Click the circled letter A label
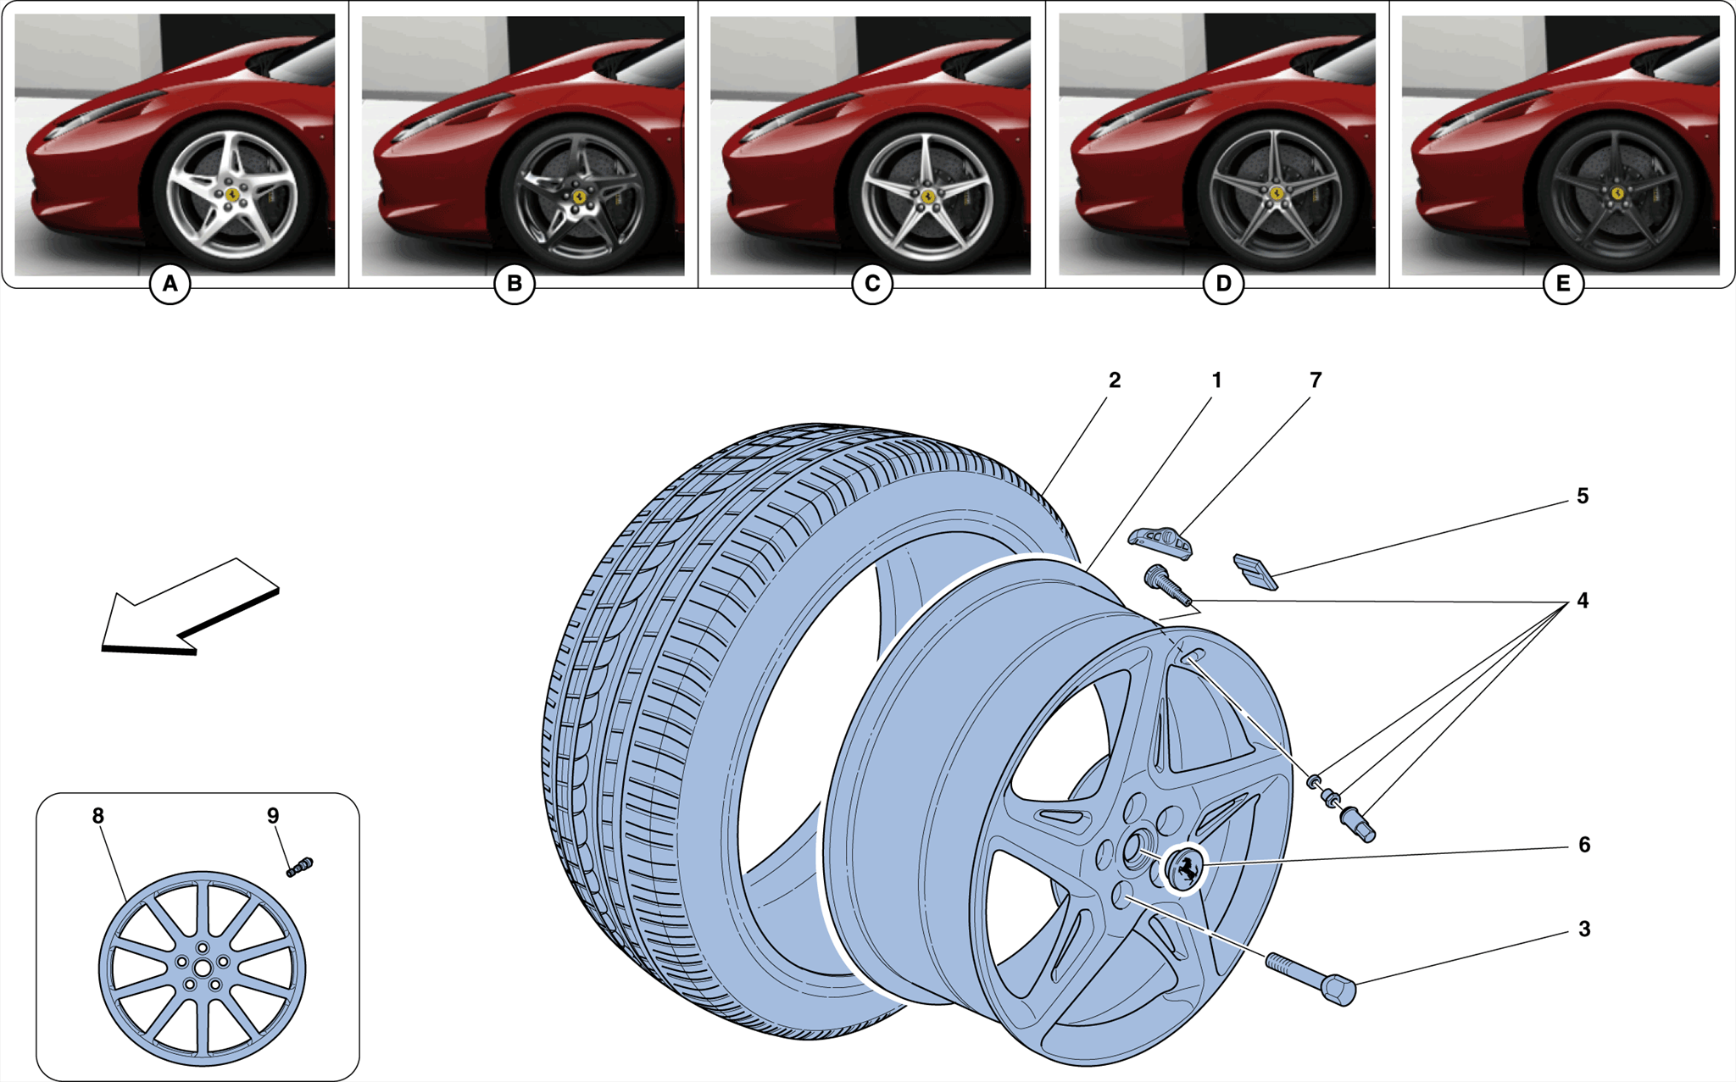click(170, 284)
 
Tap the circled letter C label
click(871, 284)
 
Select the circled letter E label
click(1562, 284)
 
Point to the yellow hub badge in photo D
click(1274, 192)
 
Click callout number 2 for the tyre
click(1114, 380)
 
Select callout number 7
click(1315, 380)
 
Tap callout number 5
click(1582, 496)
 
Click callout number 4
click(1582, 601)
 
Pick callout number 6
click(1583, 845)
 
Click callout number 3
click(1583, 929)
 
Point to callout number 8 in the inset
click(98, 815)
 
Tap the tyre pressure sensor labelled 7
click(1160, 541)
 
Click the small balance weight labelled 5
click(1255, 571)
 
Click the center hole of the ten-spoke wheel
click(203, 968)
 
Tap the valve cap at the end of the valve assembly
click(1359, 825)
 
